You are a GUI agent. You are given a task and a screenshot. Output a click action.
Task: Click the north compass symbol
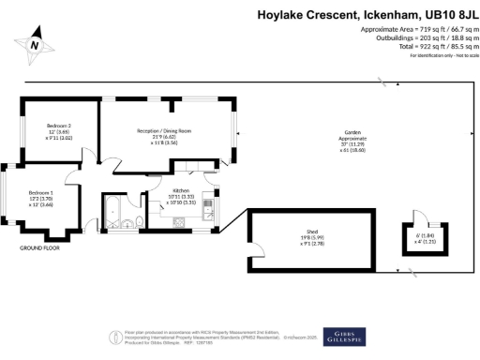pos(35,43)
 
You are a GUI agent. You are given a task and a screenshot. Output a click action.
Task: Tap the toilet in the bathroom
pos(138,221)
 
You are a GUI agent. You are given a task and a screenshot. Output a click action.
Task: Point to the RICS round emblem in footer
pos(116,335)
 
